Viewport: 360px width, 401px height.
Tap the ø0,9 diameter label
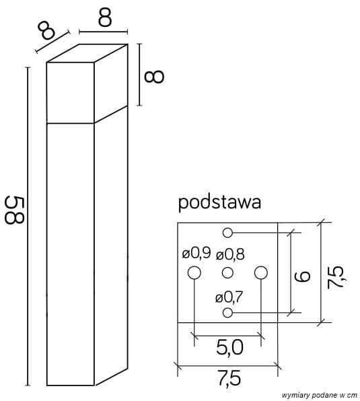[196, 254]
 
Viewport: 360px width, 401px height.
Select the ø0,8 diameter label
[230, 254]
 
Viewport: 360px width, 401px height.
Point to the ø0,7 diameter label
[229, 297]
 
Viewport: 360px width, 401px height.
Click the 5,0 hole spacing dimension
[229, 348]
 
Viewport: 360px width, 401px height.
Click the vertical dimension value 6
[305, 275]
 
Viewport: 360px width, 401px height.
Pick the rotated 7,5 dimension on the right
[336, 276]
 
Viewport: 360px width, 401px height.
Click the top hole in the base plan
[227, 233]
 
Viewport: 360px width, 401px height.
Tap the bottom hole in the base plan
[227, 313]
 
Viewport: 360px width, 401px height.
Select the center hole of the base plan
[227, 272]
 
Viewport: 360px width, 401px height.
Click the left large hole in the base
[194, 272]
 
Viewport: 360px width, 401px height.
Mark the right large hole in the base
[260, 272]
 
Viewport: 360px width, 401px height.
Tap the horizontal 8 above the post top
[104, 17]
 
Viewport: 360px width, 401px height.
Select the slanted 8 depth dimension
[46, 30]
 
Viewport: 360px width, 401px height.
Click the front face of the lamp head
[70, 93]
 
